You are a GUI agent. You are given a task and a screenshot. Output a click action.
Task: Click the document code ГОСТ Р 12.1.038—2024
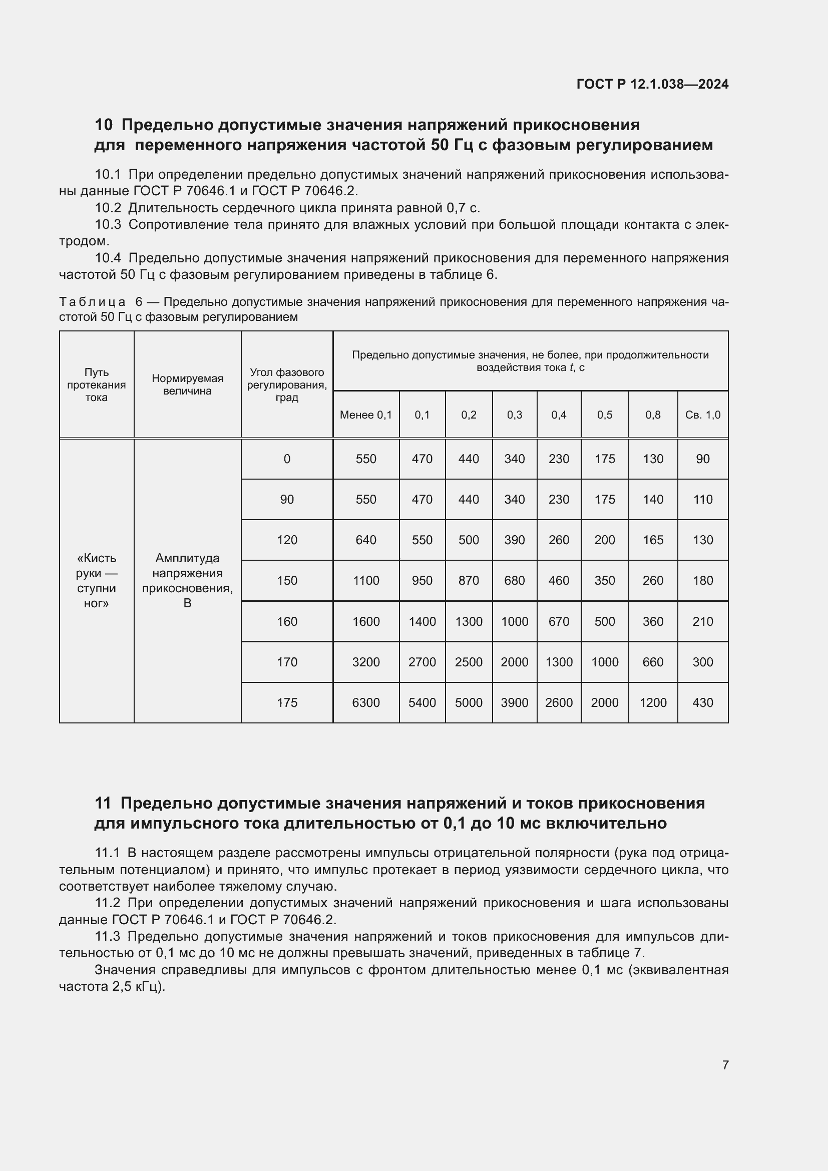pos(652,84)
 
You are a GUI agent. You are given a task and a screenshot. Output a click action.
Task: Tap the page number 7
pos(725,1065)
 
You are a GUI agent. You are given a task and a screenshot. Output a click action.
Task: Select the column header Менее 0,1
pos(365,415)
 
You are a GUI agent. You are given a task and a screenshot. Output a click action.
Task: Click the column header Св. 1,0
pos(702,415)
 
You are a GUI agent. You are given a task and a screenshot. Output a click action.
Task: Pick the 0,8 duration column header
pos(653,415)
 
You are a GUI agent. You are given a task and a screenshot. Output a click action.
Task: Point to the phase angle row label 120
pos(286,540)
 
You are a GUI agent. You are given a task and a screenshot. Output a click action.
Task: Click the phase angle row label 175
pos(286,702)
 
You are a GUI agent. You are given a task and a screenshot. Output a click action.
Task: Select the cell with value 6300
pos(365,702)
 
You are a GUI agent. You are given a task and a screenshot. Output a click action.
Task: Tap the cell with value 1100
pos(365,580)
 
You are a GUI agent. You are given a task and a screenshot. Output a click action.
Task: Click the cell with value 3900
pos(514,702)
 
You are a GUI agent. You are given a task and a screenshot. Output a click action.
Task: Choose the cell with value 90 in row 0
pos(702,459)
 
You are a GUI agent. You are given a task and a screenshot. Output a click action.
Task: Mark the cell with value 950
pos(422,580)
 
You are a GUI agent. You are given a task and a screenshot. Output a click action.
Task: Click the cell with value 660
pos(653,662)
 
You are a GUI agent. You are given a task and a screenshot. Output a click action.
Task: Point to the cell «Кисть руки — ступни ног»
pos(96,580)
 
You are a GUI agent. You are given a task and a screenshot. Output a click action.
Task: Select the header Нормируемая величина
pos(187,384)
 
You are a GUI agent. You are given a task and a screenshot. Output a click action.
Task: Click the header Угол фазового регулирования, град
pos(286,384)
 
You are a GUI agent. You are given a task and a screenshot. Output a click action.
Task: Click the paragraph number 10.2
pos(108,208)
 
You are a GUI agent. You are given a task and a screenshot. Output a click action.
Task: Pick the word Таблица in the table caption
pos(92,302)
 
